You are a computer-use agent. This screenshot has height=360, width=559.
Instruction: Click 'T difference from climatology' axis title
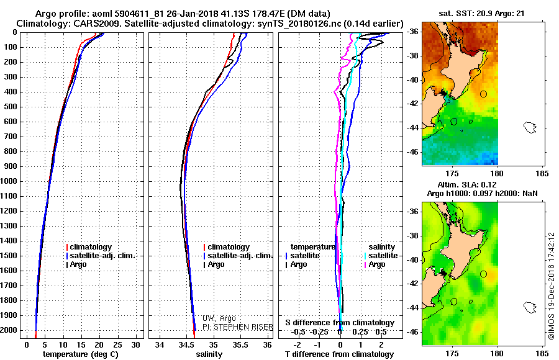pos(339,354)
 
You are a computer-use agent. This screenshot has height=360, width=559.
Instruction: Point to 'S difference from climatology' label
pos(339,323)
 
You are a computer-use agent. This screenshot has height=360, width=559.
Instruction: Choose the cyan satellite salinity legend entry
pos(383,256)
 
